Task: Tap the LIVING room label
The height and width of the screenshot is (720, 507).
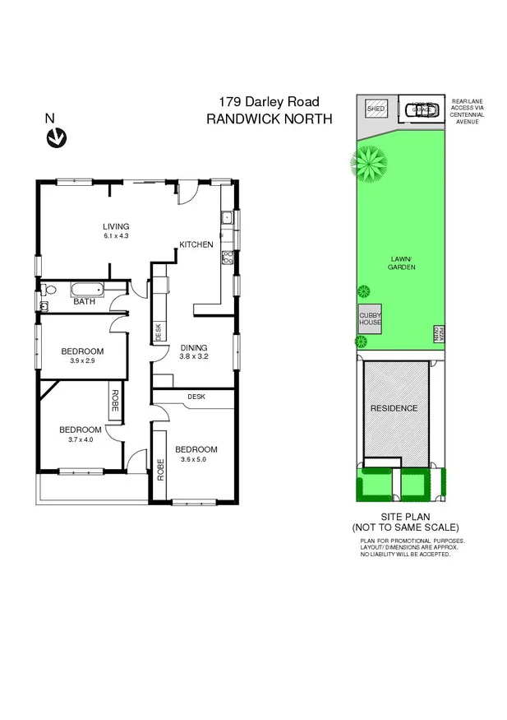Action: point(116,227)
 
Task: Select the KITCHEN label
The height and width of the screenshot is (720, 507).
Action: point(197,244)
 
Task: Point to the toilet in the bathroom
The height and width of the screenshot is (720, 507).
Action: point(49,290)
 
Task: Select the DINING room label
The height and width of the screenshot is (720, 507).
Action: point(194,347)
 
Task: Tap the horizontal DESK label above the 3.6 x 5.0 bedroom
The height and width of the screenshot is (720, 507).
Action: point(196,396)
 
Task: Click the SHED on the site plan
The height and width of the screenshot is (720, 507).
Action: point(376,109)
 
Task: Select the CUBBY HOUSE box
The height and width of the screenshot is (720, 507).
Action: point(369,319)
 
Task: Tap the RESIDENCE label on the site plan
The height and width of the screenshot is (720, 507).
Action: point(394,408)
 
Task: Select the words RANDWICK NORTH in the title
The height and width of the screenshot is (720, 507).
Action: point(269,118)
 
